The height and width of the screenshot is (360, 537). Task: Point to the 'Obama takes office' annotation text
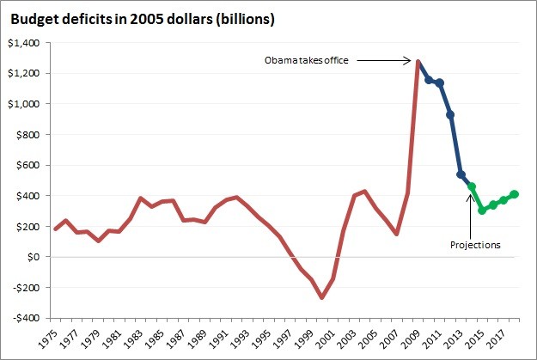305,61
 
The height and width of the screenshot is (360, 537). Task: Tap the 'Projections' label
475,245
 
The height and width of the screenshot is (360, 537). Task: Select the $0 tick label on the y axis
35,257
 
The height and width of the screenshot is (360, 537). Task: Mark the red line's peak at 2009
418,62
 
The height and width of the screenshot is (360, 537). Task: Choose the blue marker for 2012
450,114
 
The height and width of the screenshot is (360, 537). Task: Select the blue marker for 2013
461,174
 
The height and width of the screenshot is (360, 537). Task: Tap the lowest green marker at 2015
482,210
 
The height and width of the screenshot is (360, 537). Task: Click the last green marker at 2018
514,194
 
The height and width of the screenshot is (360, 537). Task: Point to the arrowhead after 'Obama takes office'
410,61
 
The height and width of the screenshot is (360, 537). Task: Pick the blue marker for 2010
429,80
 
